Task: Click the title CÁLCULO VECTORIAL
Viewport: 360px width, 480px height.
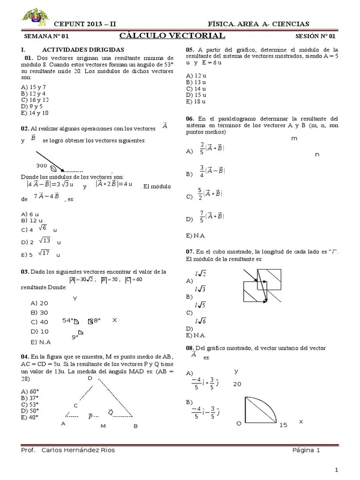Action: pos(172,36)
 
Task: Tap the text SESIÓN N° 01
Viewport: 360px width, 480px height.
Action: pos(315,36)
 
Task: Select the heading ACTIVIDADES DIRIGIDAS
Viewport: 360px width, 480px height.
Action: pos(83,49)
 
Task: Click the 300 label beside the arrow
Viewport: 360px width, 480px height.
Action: pos(42,166)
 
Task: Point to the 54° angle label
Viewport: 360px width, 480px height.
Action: pos(68,321)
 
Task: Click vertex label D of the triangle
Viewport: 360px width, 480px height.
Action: pos(90,378)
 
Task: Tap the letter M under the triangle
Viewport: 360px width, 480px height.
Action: pos(103,427)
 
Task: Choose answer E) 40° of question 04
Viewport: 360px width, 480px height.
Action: pos(30,417)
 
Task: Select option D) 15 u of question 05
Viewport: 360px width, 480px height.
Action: pos(196,95)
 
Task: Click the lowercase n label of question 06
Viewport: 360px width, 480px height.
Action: pos(317,154)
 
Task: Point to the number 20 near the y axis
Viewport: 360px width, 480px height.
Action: pos(237,383)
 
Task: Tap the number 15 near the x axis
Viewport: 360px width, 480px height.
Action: pos(283,425)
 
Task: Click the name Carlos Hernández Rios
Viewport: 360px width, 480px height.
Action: pos(78,450)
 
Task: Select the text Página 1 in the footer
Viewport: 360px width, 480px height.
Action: pos(306,450)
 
